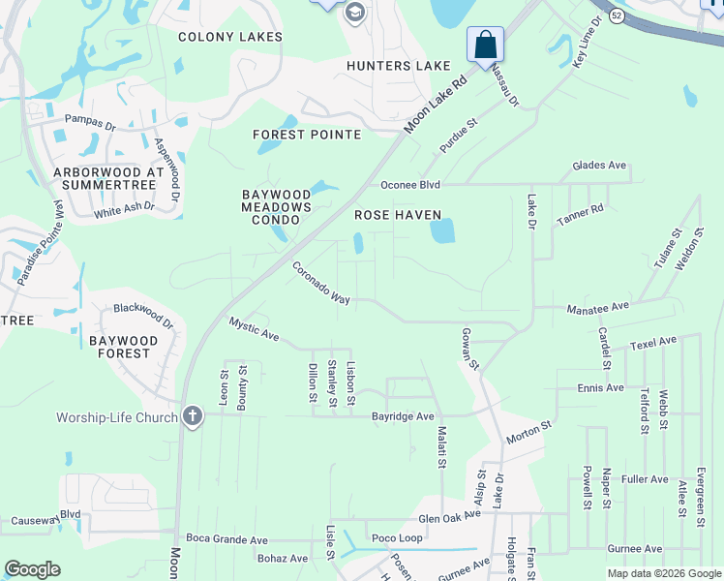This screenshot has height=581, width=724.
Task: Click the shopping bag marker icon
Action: point(485,45)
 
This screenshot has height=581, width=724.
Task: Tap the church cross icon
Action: point(193,417)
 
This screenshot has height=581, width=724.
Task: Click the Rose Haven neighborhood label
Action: point(398,215)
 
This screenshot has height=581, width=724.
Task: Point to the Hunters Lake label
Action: point(400,66)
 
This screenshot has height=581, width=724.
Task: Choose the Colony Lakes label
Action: point(230,37)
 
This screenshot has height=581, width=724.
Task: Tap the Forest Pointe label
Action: point(307,135)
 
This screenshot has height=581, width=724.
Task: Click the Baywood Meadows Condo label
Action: point(277,206)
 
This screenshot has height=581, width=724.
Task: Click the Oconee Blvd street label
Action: point(410,185)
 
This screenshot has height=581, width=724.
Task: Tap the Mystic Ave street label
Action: point(255,329)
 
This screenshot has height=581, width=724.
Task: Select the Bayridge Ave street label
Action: point(404,416)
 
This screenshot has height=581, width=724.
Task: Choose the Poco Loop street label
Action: point(397,538)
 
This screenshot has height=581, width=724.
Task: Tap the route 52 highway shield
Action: point(617,16)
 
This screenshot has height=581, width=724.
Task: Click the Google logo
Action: point(32,569)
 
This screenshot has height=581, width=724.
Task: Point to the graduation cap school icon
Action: point(354,13)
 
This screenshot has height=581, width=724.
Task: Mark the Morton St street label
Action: point(528,431)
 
